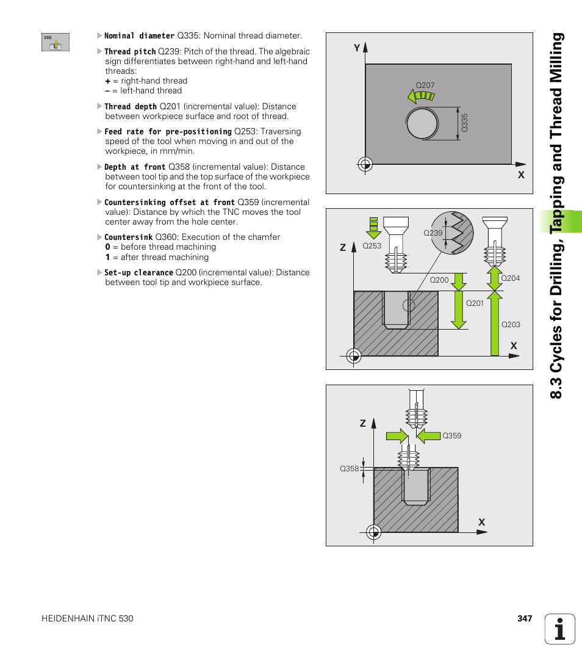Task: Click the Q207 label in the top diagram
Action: (425, 85)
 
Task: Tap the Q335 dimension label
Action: (464, 123)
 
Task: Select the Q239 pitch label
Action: (433, 233)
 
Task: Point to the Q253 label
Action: (372, 245)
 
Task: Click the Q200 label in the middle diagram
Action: (439, 280)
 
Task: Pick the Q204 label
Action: (510, 278)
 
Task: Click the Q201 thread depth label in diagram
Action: (475, 303)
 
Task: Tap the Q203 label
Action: (511, 325)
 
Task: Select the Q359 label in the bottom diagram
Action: (451, 436)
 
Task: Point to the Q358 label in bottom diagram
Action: (349, 469)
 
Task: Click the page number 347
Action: (525, 618)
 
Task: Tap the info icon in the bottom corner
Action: (560, 629)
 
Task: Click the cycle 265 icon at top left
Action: (56, 42)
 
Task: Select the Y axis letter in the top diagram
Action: (357, 48)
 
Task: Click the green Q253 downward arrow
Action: (373, 228)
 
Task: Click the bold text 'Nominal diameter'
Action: (139, 36)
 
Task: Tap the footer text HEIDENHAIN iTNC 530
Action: (87, 618)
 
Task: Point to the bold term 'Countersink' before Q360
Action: (128, 237)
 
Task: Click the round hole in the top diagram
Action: (421, 123)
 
